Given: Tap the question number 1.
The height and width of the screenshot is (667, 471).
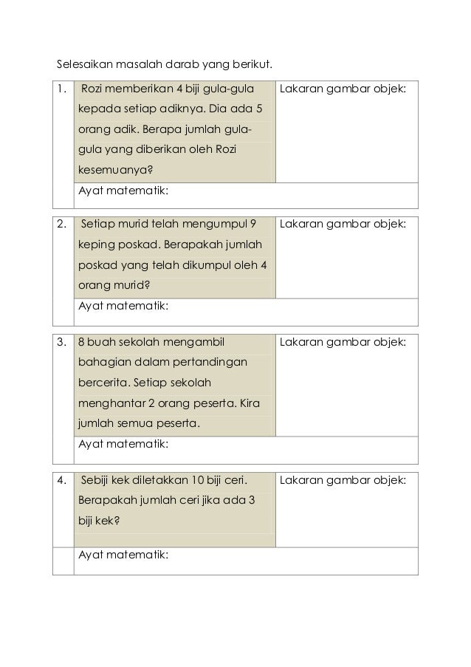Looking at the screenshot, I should tap(61, 90).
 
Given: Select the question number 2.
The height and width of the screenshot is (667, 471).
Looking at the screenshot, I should tap(62, 223).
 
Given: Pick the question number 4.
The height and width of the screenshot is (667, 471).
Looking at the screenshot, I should tap(62, 481).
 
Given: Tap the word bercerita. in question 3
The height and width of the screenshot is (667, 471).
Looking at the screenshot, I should tap(106, 383).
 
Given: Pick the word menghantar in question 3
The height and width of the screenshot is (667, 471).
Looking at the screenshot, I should tap(109, 403).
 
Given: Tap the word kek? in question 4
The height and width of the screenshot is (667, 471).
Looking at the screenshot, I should tap(106, 520).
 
